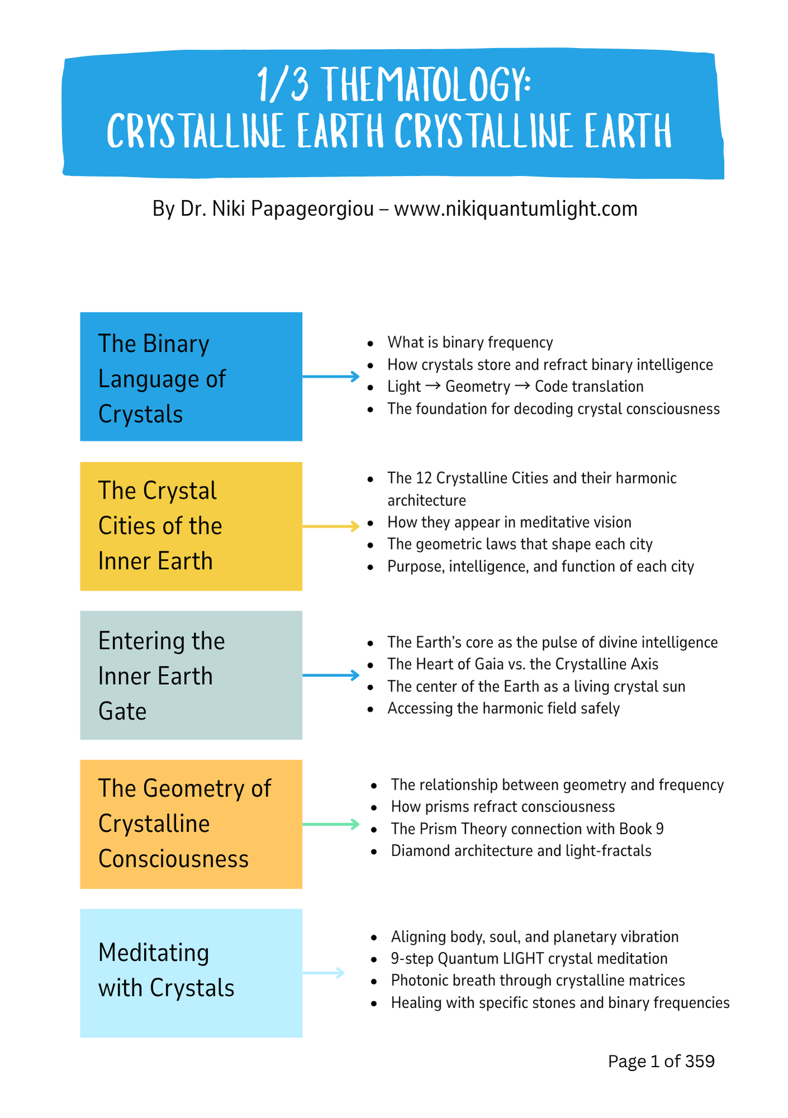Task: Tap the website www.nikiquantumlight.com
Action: [x=516, y=209]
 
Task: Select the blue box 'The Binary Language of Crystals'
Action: [x=191, y=377]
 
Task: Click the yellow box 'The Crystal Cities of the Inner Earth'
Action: [x=191, y=526]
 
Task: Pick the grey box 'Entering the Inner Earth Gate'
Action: [x=191, y=675]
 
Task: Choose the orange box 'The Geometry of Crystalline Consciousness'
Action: [x=191, y=824]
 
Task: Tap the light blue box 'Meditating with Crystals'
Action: [x=191, y=973]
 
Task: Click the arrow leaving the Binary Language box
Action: [x=331, y=377]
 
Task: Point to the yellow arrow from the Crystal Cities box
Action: [x=331, y=526]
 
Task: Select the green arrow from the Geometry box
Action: [x=331, y=825]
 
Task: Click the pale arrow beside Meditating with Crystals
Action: [x=323, y=973]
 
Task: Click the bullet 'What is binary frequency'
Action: [x=470, y=342]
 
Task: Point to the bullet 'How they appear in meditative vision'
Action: [x=509, y=522]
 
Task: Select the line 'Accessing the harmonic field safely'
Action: [x=503, y=708]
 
